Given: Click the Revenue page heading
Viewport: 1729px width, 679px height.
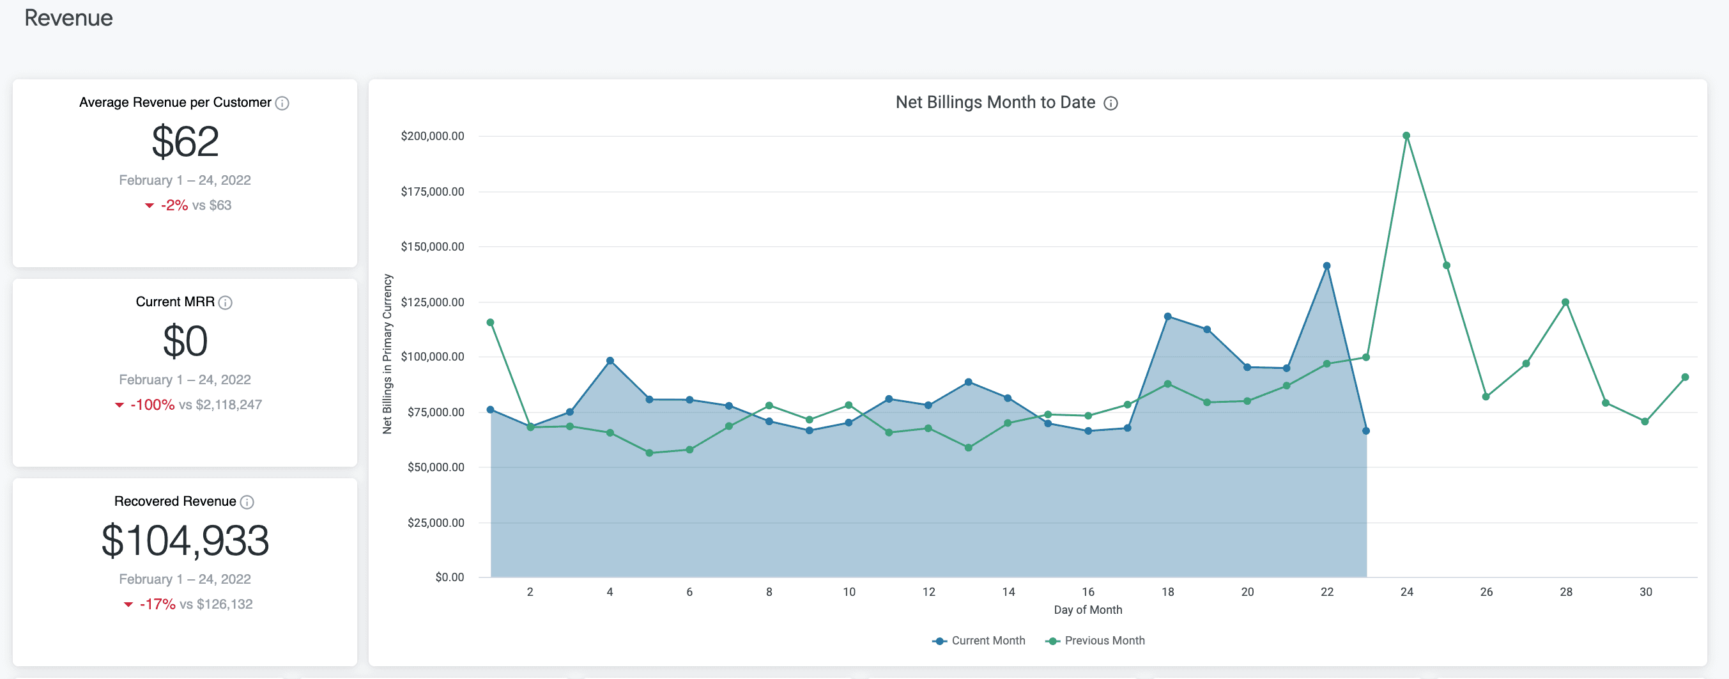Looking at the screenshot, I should [x=68, y=18].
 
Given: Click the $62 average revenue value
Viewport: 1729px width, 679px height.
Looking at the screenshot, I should [x=185, y=142].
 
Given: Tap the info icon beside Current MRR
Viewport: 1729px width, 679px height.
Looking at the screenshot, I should [x=226, y=303].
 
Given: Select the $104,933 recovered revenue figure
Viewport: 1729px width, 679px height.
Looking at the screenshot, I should [x=185, y=541].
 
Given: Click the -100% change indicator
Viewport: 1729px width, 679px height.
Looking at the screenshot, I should [x=152, y=405].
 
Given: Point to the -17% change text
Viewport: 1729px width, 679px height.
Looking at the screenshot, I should [x=157, y=604].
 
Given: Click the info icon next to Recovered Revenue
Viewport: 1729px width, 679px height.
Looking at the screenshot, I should [x=247, y=503].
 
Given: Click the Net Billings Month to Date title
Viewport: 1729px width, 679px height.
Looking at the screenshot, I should [x=995, y=103].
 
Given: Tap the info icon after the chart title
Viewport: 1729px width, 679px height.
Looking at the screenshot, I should [x=1111, y=104].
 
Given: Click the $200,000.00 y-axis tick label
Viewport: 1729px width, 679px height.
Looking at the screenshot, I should [x=432, y=136].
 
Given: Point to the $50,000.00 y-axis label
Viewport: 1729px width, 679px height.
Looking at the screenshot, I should [x=436, y=467].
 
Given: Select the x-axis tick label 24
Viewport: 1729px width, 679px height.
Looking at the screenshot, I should [x=1407, y=592].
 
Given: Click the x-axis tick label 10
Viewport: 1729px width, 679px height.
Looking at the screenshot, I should [x=849, y=592].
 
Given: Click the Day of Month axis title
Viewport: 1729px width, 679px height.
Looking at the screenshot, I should [x=1087, y=610].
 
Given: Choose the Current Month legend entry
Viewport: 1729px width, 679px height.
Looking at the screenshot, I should [x=980, y=641].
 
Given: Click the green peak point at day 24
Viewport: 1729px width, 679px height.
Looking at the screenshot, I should [x=1406, y=136].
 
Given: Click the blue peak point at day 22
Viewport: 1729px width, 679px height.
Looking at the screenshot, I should [x=1326, y=266].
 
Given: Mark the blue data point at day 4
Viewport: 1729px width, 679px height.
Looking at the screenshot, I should [x=610, y=361].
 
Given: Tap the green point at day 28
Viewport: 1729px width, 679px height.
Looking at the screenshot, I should [x=1565, y=302].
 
